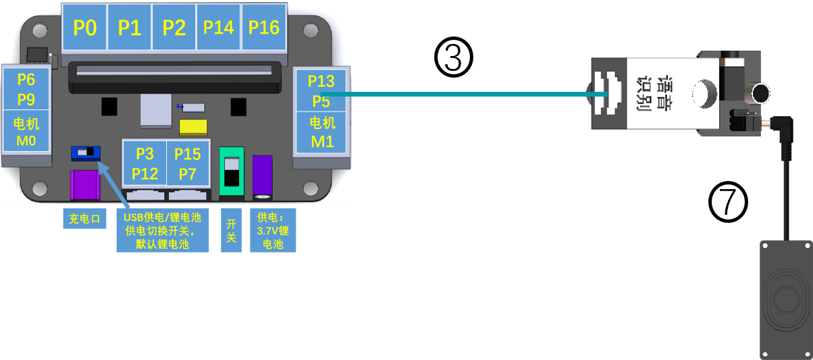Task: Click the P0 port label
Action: coord(85,28)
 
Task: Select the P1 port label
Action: coord(130,28)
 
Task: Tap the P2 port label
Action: coord(174,28)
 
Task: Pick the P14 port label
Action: coord(219,28)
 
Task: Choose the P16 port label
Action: coord(263,28)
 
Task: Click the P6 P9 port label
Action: coord(26,88)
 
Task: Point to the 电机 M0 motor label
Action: coord(26,132)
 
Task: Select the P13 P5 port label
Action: coord(321,91)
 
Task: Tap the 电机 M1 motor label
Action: coord(321,132)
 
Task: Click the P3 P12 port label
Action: coord(145,163)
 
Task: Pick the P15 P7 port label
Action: coord(187,163)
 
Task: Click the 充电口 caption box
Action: coord(84,219)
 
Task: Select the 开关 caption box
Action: coord(231,230)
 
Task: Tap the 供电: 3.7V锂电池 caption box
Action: coord(273,230)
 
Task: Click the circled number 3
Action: coord(453,57)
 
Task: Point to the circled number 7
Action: coord(729,203)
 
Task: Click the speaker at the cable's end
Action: coord(785,297)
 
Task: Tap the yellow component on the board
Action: coord(194,128)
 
